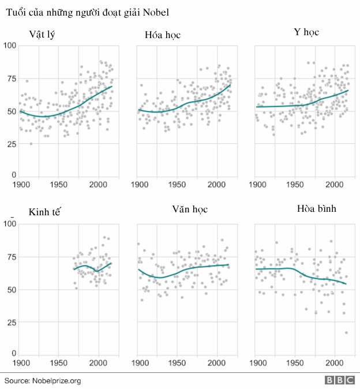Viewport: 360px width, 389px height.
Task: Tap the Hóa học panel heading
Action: (x=163, y=35)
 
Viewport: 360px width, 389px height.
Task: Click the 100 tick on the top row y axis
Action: (x=10, y=45)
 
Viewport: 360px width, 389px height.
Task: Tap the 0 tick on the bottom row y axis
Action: (x=14, y=353)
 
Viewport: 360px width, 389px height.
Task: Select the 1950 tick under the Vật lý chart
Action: (x=58, y=185)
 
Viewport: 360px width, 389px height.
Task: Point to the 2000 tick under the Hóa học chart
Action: (x=216, y=185)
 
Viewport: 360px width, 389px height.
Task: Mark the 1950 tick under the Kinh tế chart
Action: (x=58, y=363)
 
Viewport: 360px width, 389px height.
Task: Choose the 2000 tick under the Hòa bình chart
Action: (x=334, y=363)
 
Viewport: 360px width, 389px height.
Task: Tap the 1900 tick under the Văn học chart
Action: (x=138, y=363)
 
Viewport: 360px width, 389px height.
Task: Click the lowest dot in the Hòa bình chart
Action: (x=347, y=332)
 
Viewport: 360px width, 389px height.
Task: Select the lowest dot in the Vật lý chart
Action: (x=31, y=144)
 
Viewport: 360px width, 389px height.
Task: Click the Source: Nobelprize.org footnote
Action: (x=43, y=380)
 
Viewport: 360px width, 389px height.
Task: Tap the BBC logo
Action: (x=340, y=380)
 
